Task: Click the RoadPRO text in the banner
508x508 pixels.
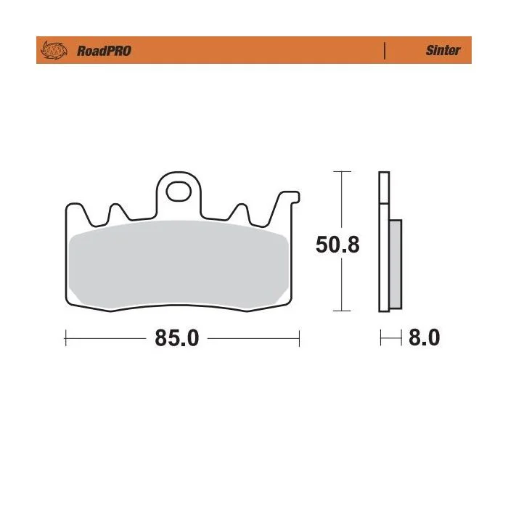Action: pyautogui.click(x=104, y=51)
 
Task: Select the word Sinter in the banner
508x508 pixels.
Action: pyautogui.click(x=443, y=50)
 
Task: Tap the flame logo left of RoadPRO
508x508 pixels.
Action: pyautogui.click(x=54, y=50)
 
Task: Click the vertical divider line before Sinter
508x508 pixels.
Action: pyautogui.click(x=385, y=51)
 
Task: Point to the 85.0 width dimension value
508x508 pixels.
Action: pyautogui.click(x=177, y=338)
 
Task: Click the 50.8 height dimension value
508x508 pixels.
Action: pyautogui.click(x=337, y=245)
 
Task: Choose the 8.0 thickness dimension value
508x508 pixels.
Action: pyautogui.click(x=424, y=337)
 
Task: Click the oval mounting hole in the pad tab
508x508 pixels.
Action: pyautogui.click(x=179, y=192)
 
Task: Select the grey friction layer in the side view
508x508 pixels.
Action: pyautogui.click(x=396, y=264)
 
